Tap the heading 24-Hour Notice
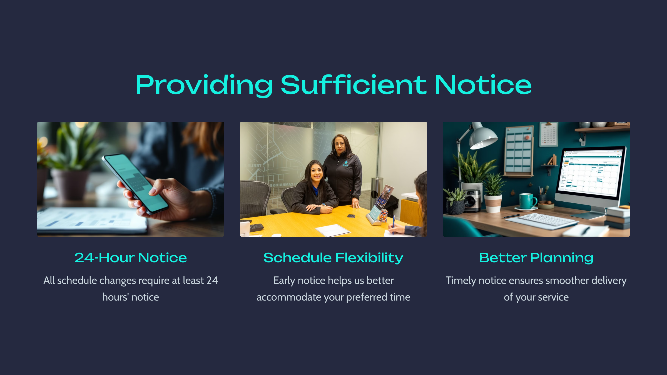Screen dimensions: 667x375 [131, 258]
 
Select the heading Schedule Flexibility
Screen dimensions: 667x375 [333, 258]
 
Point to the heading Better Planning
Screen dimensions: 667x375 [536, 258]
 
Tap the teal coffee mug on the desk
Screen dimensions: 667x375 [527, 201]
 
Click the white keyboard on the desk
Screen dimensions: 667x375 [541, 221]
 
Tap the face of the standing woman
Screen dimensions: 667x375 [340, 146]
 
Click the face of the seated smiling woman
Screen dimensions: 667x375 [316, 173]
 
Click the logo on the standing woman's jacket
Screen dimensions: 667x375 [345, 164]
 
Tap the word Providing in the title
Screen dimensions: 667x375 [204, 85]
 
